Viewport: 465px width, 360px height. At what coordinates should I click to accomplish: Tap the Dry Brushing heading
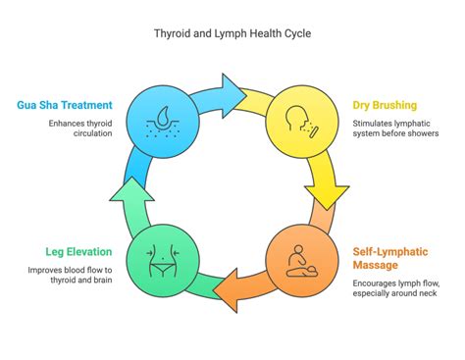pyautogui.click(x=386, y=105)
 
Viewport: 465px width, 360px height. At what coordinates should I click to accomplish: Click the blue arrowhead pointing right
pyautogui.click(x=234, y=87)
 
